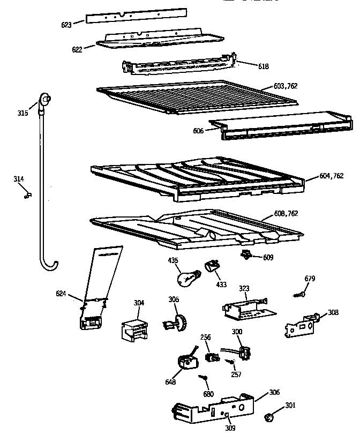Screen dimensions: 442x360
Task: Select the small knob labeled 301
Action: [x=271, y=417]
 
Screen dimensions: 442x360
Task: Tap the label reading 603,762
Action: [x=286, y=86]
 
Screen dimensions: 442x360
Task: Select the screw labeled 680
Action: [x=204, y=380]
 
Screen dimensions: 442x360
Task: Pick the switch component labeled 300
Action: [x=244, y=351]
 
